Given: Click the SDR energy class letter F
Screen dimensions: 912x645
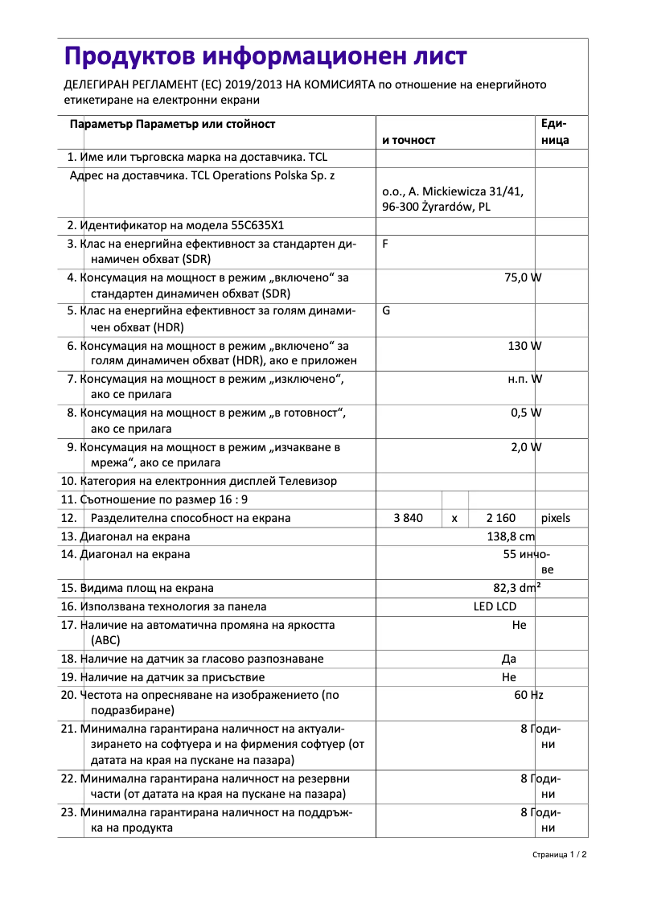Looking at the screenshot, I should pyautogui.click(x=385, y=243).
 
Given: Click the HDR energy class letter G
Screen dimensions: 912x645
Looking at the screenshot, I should pyautogui.click(x=386, y=310).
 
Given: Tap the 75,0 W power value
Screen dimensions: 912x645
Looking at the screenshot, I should pyautogui.click(x=522, y=277).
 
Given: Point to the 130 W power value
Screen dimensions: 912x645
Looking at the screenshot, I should pyautogui.click(x=524, y=345).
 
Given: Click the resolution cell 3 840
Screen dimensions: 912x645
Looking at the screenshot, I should pyautogui.click(x=408, y=518).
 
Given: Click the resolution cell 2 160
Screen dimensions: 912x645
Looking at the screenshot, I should pyautogui.click(x=501, y=518).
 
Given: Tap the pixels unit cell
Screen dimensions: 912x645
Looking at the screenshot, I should pyautogui.click(x=555, y=518).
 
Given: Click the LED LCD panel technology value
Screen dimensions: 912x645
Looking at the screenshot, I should pyautogui.click(x=495, y=606).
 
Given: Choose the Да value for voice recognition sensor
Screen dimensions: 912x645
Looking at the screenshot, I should pyautogui.click(x=508, y=659).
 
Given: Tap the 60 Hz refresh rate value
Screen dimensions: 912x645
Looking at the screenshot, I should pyautogui.click(x=528, y=694).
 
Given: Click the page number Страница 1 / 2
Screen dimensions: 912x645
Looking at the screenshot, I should pyautogui.click(x=559, y=854).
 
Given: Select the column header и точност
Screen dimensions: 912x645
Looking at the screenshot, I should pyautogui.click(x=409, y=140).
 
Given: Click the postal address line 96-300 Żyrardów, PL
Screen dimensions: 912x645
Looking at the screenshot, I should pyautogui.click(x=436, y=207).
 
